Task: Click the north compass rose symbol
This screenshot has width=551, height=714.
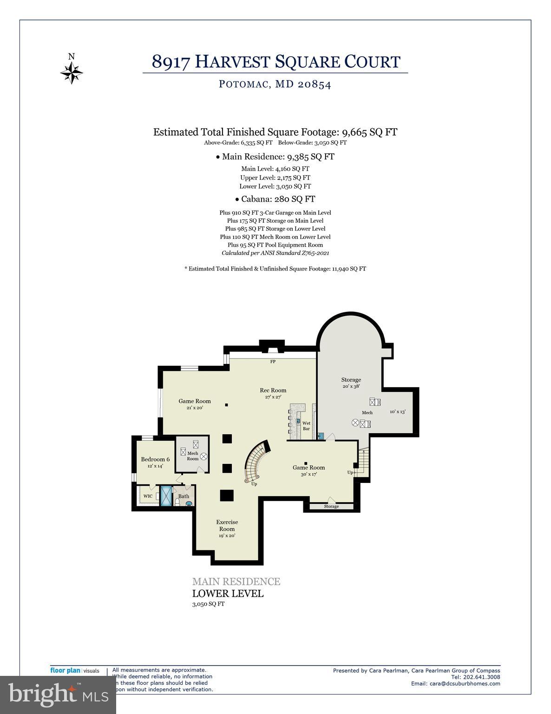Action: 72,72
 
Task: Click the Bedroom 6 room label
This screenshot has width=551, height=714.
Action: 155,459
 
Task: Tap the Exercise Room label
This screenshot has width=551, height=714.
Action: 227,525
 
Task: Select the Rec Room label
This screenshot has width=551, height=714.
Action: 273,390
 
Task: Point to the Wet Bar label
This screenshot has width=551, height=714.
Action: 306,426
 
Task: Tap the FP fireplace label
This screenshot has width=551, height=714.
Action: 273,361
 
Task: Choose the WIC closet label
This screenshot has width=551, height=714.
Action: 148,496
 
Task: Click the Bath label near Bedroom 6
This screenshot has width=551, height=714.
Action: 184,496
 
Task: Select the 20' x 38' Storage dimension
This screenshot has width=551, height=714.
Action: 351,386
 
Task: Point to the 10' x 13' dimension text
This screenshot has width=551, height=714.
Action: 397,412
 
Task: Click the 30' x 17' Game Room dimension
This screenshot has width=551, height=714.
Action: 308,475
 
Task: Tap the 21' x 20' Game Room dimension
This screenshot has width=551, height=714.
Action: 195,408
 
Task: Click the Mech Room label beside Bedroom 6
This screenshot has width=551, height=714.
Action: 193,456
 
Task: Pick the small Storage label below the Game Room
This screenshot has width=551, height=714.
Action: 331,506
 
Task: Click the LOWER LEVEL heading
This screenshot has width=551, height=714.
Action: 228,594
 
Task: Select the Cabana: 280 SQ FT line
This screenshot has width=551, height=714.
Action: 275,199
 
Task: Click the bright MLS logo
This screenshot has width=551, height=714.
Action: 58,694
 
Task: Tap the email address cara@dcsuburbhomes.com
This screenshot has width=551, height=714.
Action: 455,683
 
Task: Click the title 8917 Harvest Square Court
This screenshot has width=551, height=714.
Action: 275,61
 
